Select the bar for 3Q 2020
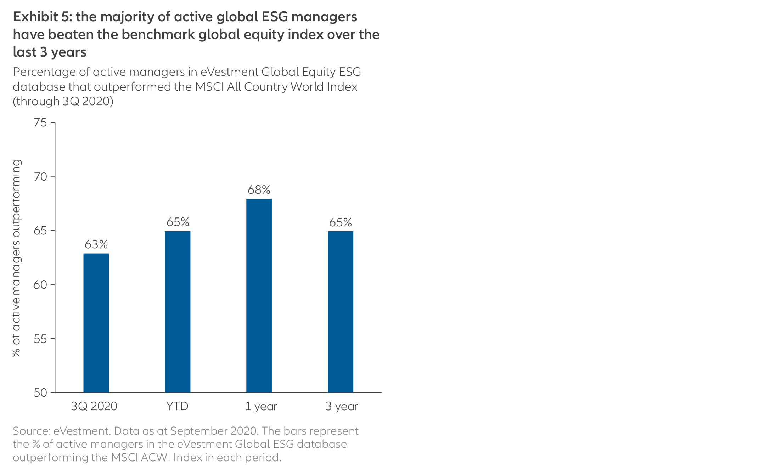pyautogui.click(x=96, y=323)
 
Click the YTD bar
pyautogui.click(x=178, y=312)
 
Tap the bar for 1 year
pyautogui.click(x=259, y=295)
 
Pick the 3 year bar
pyautogui.click(x=340, y=312)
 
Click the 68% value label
pyautogui.click(x=259, y=190)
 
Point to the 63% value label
pyautogui.click(x=96, y=244)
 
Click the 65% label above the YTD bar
pyautogui.click(x=178, y=222)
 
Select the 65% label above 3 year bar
pyautogui.click(x=340, y=222)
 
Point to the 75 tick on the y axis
pyautogui.click(x=40, y=123)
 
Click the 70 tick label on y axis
pyautogui.click(x=40, y=177)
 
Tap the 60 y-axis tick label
pyautogui.click(x=40, y=285)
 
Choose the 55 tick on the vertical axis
pyautogui.click(x=40, y=339)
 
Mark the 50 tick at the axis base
pyautogui.click(x=40, y=393)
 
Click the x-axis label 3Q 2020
pyautogui.click(x=94, y=406)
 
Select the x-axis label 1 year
pyautogui.click(x=261, y=406)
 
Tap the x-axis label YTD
pyautogui.click(x=177, y=406)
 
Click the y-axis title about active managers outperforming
pyautogui.click(x=16, y=258)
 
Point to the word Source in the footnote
pyautogui.click(x=31, y=431)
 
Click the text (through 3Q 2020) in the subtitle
pyautogui.click(x=63, y=101)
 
